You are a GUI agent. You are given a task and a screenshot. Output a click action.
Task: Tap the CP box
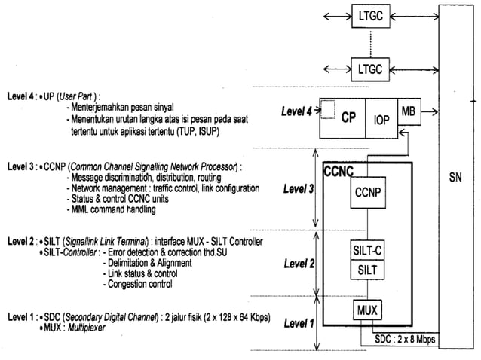pos(348,118)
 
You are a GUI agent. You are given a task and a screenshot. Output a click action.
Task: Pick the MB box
pos(408,111)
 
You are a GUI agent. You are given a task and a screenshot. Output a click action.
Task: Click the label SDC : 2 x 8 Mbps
pos(404,339)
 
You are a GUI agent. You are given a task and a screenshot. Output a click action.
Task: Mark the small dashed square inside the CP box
pos(328,111)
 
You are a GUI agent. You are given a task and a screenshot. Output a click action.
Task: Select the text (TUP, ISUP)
pos(225,130)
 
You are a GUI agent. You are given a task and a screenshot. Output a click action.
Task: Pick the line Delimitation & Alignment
pos(149,263)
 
